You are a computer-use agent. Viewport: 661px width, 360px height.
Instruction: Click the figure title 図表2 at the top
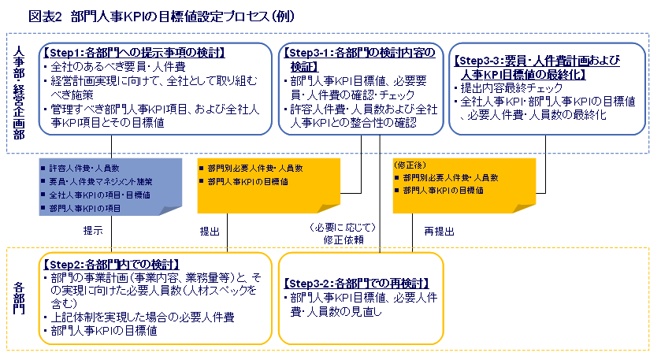45,15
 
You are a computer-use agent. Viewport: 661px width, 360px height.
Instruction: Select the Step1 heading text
134,53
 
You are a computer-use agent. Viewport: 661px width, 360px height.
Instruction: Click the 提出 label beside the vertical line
210,232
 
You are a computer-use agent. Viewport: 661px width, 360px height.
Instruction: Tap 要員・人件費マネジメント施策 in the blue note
100,181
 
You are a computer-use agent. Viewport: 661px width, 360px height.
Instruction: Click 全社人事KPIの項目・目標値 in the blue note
98,195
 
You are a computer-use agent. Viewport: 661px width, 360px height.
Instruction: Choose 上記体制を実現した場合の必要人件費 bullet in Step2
142,317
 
